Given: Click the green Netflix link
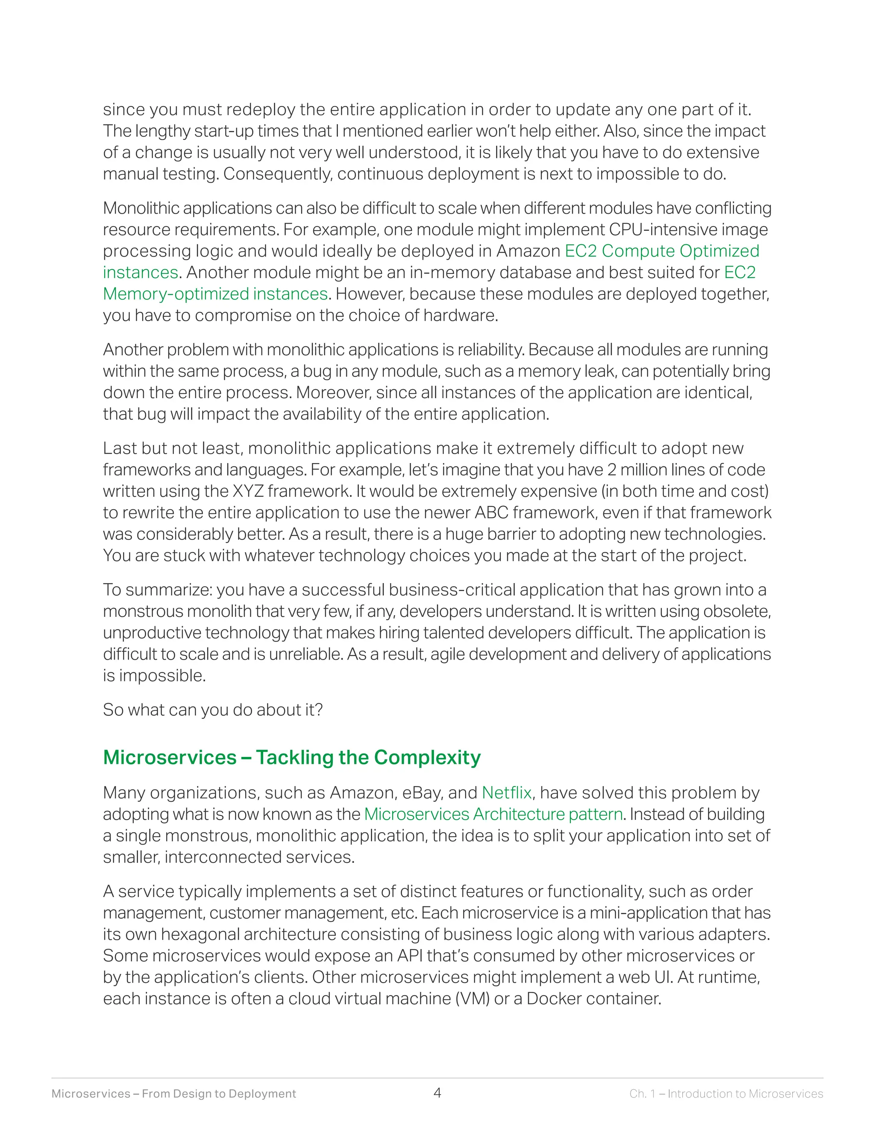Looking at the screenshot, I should [x=506, y=792].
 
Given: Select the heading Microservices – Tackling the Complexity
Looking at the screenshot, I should [x=292, y=757].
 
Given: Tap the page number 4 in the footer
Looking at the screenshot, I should [x=437, y=1093].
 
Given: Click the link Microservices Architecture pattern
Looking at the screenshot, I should [x=493, y=814].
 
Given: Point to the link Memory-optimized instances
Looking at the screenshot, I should [x=215, y=294].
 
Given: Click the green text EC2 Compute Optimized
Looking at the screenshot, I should [x=661, y=251].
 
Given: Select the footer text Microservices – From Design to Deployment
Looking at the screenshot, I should [x=173, y=1094].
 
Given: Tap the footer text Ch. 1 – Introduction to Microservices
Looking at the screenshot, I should [x=726, y=1094].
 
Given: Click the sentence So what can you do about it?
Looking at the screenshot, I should [x=212, y=710].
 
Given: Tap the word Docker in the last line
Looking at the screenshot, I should [x=554, y=998].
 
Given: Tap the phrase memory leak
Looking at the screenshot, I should [x=567, y=371].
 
